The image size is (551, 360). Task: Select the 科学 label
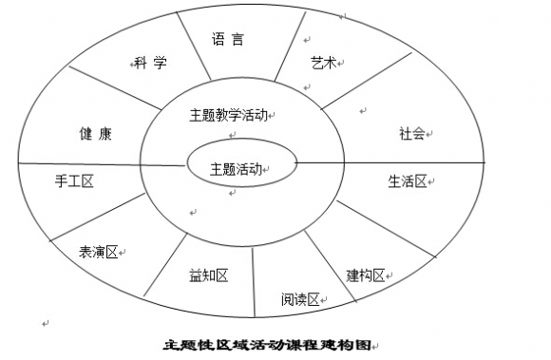(x=150, y=64)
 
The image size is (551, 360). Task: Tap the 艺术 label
(x=324, y=62)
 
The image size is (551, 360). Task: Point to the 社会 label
(x=412, y=134)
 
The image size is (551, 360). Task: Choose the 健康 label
(x=95, y=134)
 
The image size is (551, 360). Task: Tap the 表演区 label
(x=101, y=252)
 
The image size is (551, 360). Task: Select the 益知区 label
(x=209, y=275)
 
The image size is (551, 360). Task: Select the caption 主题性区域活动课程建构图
(x=263, y=345)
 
